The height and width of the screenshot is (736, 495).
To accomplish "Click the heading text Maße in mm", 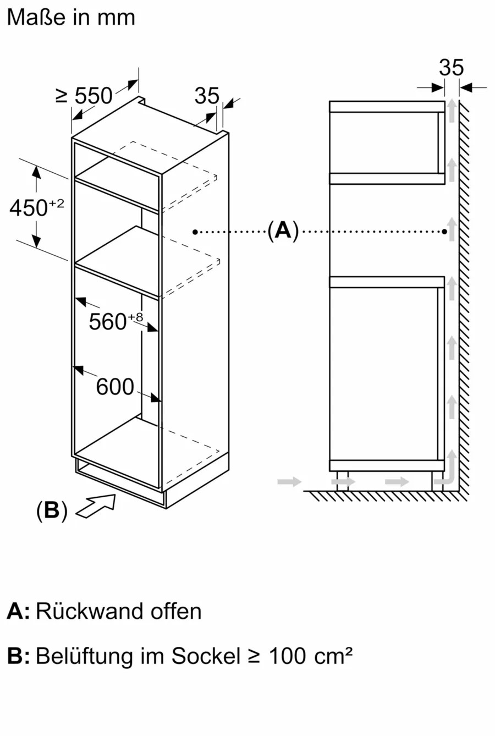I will (71, 18).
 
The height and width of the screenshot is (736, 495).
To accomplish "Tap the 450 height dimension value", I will (29, 208).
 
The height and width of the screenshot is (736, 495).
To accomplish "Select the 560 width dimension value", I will (108, 322).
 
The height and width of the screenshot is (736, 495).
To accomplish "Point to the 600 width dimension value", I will (115, 387).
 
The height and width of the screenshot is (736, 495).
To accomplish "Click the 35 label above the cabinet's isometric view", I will (207, 96).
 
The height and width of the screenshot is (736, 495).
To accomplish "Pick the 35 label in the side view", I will (451, 68).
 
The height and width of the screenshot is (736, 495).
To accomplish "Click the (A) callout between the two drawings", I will (283, 230).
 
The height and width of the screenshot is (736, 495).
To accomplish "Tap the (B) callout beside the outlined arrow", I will (52, 510).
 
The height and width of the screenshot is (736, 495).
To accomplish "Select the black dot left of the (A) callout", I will (195, 232).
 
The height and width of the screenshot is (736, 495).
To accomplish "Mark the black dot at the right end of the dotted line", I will (444, 232).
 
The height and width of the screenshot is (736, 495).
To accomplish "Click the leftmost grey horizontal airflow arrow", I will (289, 482).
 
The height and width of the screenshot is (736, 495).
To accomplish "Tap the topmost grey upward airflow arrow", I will (452, 111).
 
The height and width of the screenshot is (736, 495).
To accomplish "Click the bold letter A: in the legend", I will (18, 612).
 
